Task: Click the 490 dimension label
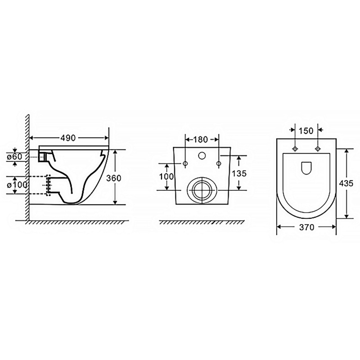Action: click(68, 138)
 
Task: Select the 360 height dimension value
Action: click(114, 178)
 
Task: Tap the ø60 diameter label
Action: click(14, 157)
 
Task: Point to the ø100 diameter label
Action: click(17, 184)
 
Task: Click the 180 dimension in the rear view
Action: click(200, 139)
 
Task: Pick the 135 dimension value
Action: click(239, 174)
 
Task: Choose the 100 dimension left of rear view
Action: click(166, 176)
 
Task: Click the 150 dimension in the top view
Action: click(306, 131)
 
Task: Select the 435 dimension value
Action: click(346, 183)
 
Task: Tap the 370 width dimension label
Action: click(307, 227)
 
